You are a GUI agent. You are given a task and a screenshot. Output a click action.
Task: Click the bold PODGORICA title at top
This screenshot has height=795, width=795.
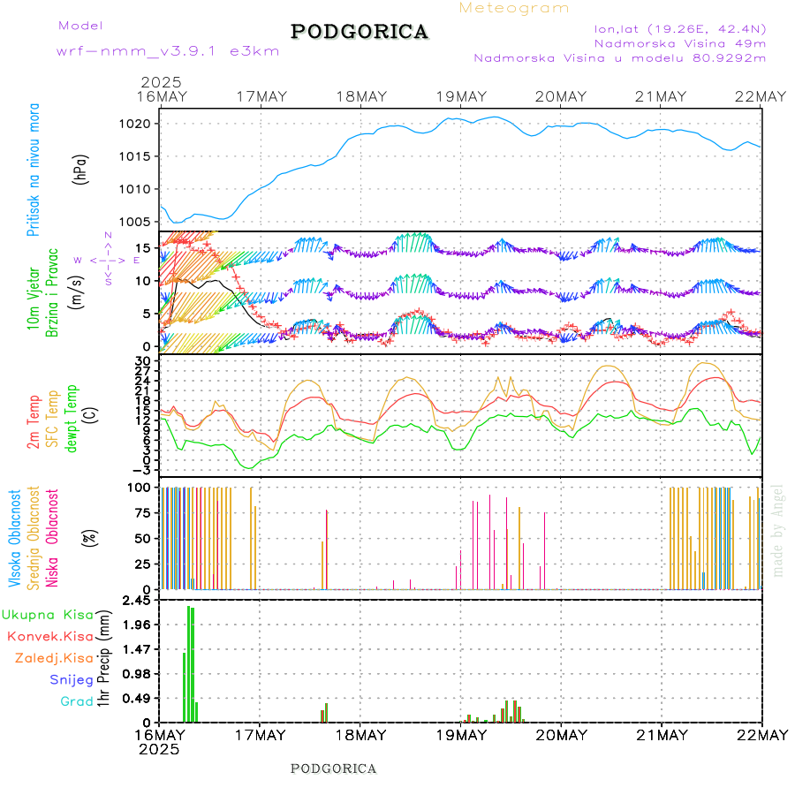click(360, 32)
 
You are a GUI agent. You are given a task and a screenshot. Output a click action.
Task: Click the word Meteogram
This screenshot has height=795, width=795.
click(515, 8)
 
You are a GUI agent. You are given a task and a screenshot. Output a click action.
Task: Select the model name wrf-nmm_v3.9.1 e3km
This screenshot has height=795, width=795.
click(168, 51)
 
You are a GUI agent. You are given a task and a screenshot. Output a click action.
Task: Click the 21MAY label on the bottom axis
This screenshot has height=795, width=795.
click(662, 735)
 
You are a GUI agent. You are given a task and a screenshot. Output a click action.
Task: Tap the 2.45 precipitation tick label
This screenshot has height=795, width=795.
click(135, 601)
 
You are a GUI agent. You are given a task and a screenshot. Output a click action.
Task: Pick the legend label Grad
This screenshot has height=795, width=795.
click(76, 702)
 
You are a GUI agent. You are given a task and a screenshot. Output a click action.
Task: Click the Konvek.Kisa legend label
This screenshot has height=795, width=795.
click(49, 636)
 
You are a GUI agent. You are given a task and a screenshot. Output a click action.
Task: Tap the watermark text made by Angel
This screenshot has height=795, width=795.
click(778, 530)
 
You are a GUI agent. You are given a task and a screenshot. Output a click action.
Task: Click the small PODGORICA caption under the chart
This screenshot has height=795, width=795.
click(334, 768)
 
